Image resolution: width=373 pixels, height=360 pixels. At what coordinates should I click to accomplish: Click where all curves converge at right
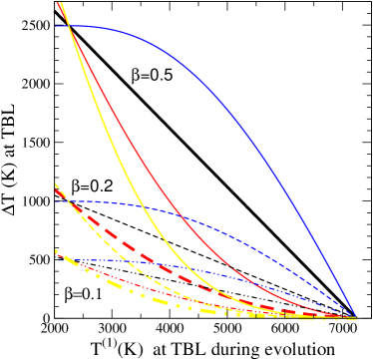(354, 317)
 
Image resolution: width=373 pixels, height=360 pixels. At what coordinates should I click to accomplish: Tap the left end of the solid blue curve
(57, 26)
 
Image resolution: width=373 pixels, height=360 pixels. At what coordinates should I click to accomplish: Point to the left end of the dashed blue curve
(57, 200)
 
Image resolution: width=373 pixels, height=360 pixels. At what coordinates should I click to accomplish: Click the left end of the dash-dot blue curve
(57, 260)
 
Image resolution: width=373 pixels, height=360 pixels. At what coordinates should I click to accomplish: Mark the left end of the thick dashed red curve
(56, 185)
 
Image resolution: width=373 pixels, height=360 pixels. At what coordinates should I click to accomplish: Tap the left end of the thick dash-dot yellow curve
(56, 251)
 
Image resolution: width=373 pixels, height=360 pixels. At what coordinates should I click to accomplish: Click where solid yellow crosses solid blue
(69, 26)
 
